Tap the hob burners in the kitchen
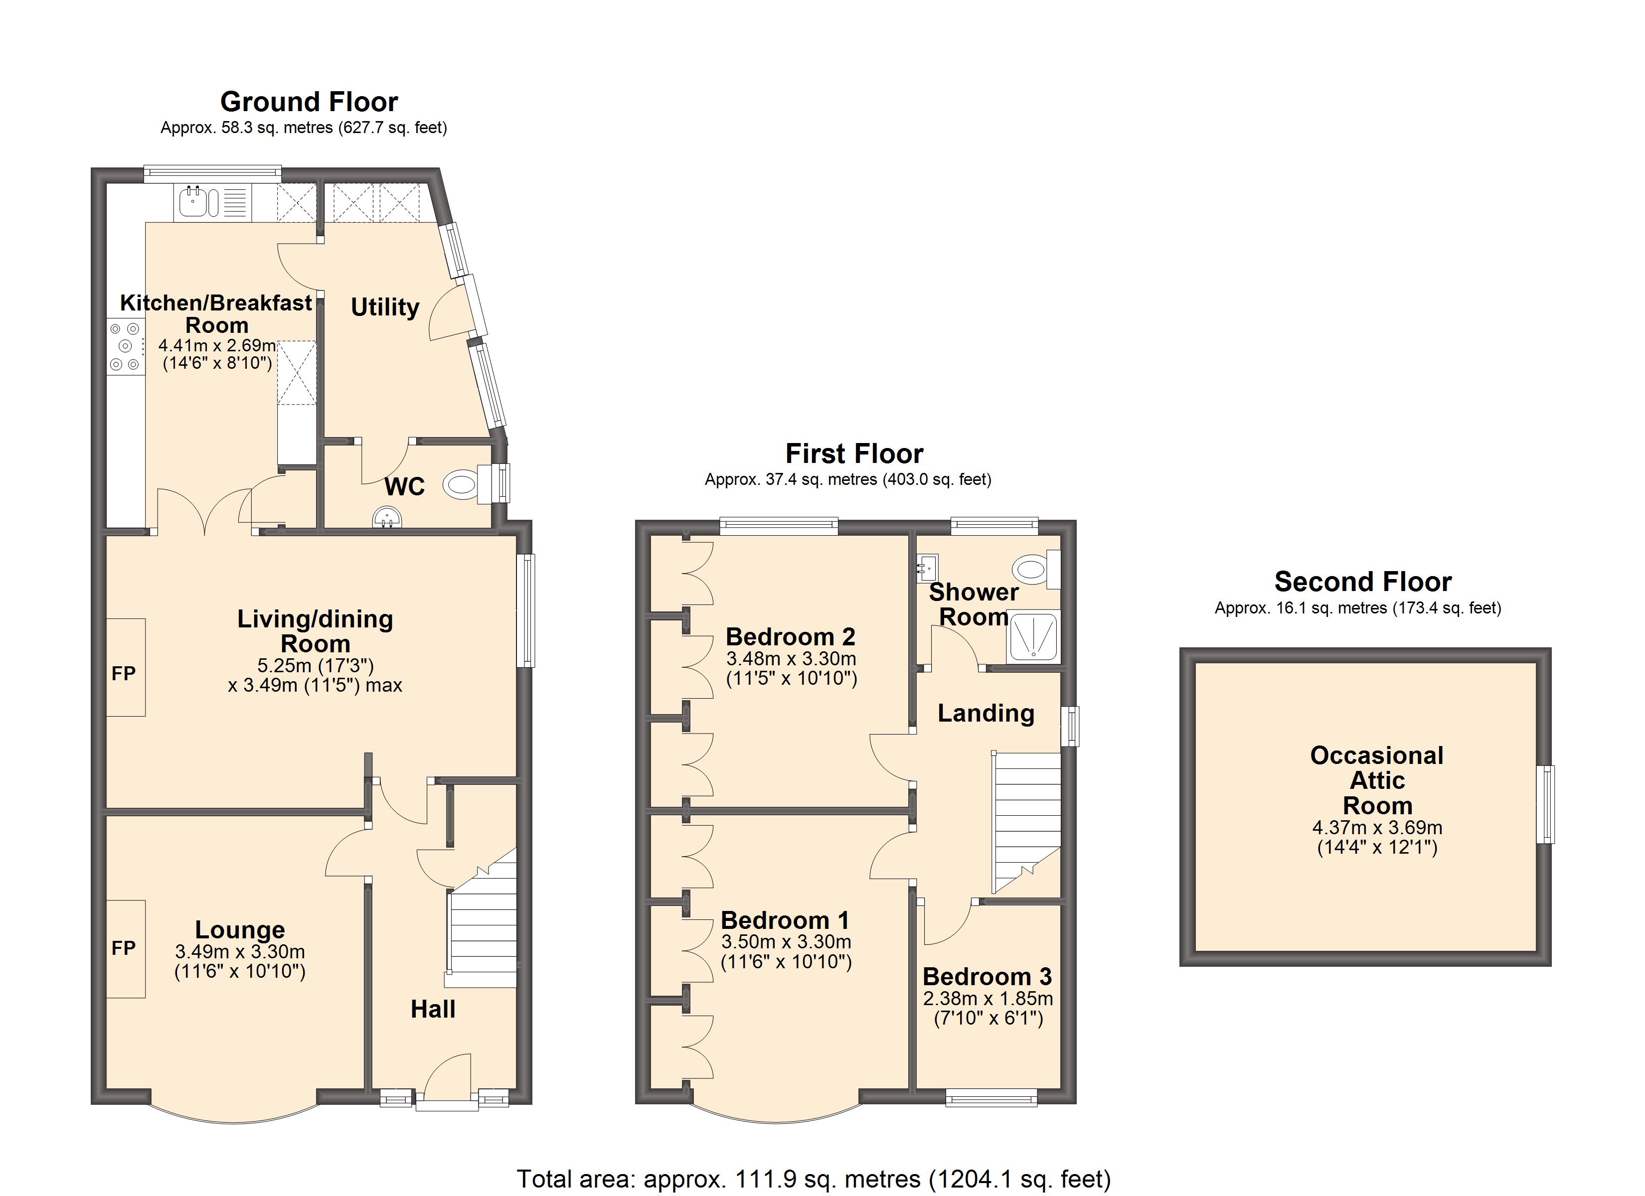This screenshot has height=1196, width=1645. [x=124, y=347]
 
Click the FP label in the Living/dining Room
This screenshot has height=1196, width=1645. [x=123, y=674]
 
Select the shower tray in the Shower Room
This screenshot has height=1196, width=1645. [x=1033, y=636]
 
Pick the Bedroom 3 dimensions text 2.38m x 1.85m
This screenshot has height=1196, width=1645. [x=987, y=999]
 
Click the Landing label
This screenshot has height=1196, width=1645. [x=986, y=713]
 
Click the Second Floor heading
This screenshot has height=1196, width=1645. [x=1362, y=582]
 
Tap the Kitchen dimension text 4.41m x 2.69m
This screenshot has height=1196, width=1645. [x=217, y=345]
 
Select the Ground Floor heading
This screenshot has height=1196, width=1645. [x=309, y=102]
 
